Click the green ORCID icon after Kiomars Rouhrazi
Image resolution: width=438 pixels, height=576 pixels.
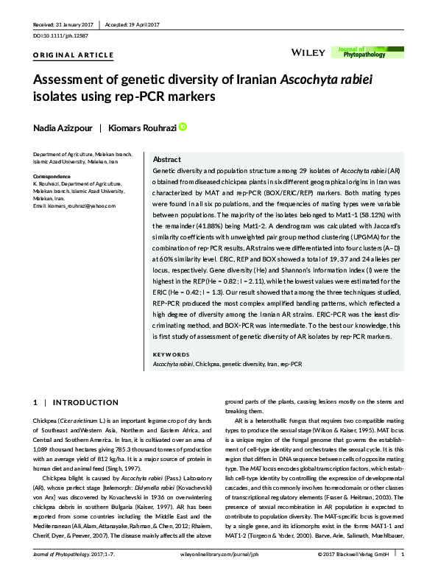point(183,127)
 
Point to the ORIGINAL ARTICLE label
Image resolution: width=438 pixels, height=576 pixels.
point(74,55)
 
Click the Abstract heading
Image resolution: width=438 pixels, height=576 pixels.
point(166,160)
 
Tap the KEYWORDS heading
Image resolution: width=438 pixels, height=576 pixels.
point(169,354)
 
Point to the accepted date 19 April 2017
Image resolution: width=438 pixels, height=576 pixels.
point(141,24)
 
